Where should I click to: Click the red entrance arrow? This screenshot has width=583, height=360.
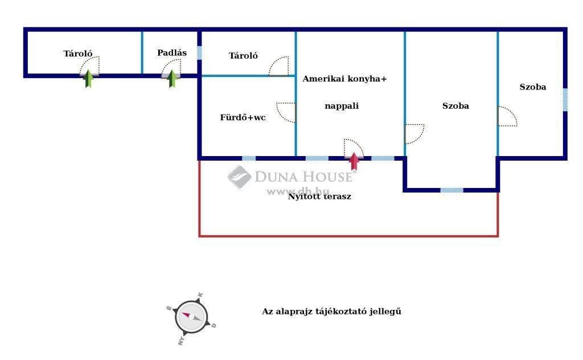pyautogui.click(x=354, y=161)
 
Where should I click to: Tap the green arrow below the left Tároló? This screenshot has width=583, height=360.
pyautogui.click(x=88, y=79)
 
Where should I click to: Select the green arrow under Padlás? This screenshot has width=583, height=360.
pyautogui.click(x=172, y=79)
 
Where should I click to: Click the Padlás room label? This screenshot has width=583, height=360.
pyautogui.click(x=172, y=53)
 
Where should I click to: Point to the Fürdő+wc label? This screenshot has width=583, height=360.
pyautogui.click(x=243, y=117)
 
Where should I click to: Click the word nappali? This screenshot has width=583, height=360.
pyautogui.click(x=342, y=106)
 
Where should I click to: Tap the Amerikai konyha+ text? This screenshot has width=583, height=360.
pyautogui.click(x=344, y=79)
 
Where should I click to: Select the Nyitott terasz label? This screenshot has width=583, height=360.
pyautogui.click(x=319, y=197)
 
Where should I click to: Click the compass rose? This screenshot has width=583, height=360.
pyautogui.click(x=191, y=317)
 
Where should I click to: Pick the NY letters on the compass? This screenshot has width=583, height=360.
pyautogui.click(x=182, y=340)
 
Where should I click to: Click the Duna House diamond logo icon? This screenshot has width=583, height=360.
pyautogui.click(x=239, y=177)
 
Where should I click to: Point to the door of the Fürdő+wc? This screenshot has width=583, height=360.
pyautogui.click(x=286, y=112)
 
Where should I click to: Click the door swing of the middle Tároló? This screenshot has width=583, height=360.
pyautogui.click(x=279, y=66)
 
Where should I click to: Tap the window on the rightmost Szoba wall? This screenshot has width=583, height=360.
pyautogui.click(x=565, y=100)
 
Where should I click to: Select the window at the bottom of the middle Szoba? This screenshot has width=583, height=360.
pyautogui.click(x=451, y=190)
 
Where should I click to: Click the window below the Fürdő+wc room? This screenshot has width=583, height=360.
pyautogui.click(x=249, y=158)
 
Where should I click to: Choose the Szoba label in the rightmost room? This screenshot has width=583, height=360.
pyautogui.click(x=533, y=87)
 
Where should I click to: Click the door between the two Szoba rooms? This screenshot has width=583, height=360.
pyautogui.click(x=507, y=116)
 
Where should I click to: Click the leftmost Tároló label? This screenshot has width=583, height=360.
pyautogui.click(x=77, y=54)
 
